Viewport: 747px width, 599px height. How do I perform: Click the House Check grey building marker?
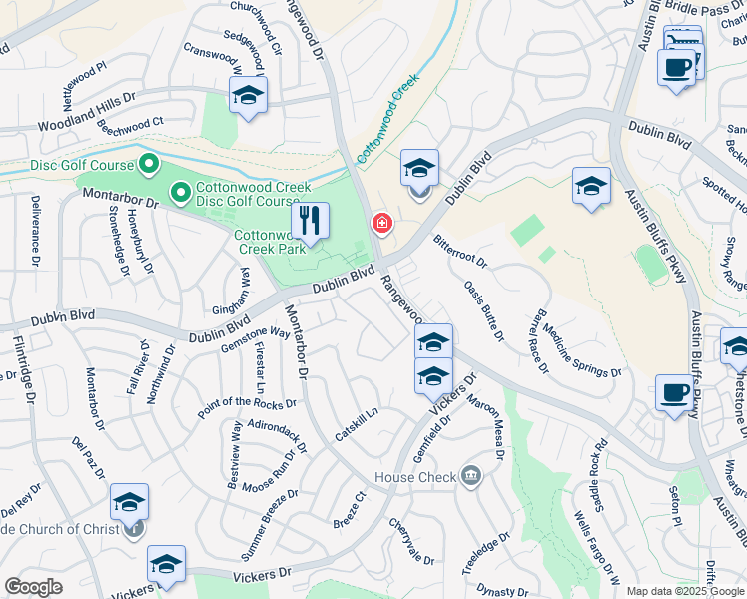tap(470, 476)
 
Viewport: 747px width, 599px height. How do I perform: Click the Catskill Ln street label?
tap(357, 424)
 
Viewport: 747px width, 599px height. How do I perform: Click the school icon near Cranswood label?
tap(247, 96)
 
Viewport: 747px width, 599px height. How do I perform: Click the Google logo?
tap(33, 587)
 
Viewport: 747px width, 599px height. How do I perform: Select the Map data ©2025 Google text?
tap(685, 591)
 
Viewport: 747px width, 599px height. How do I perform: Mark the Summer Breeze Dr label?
tap(269, 523)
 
